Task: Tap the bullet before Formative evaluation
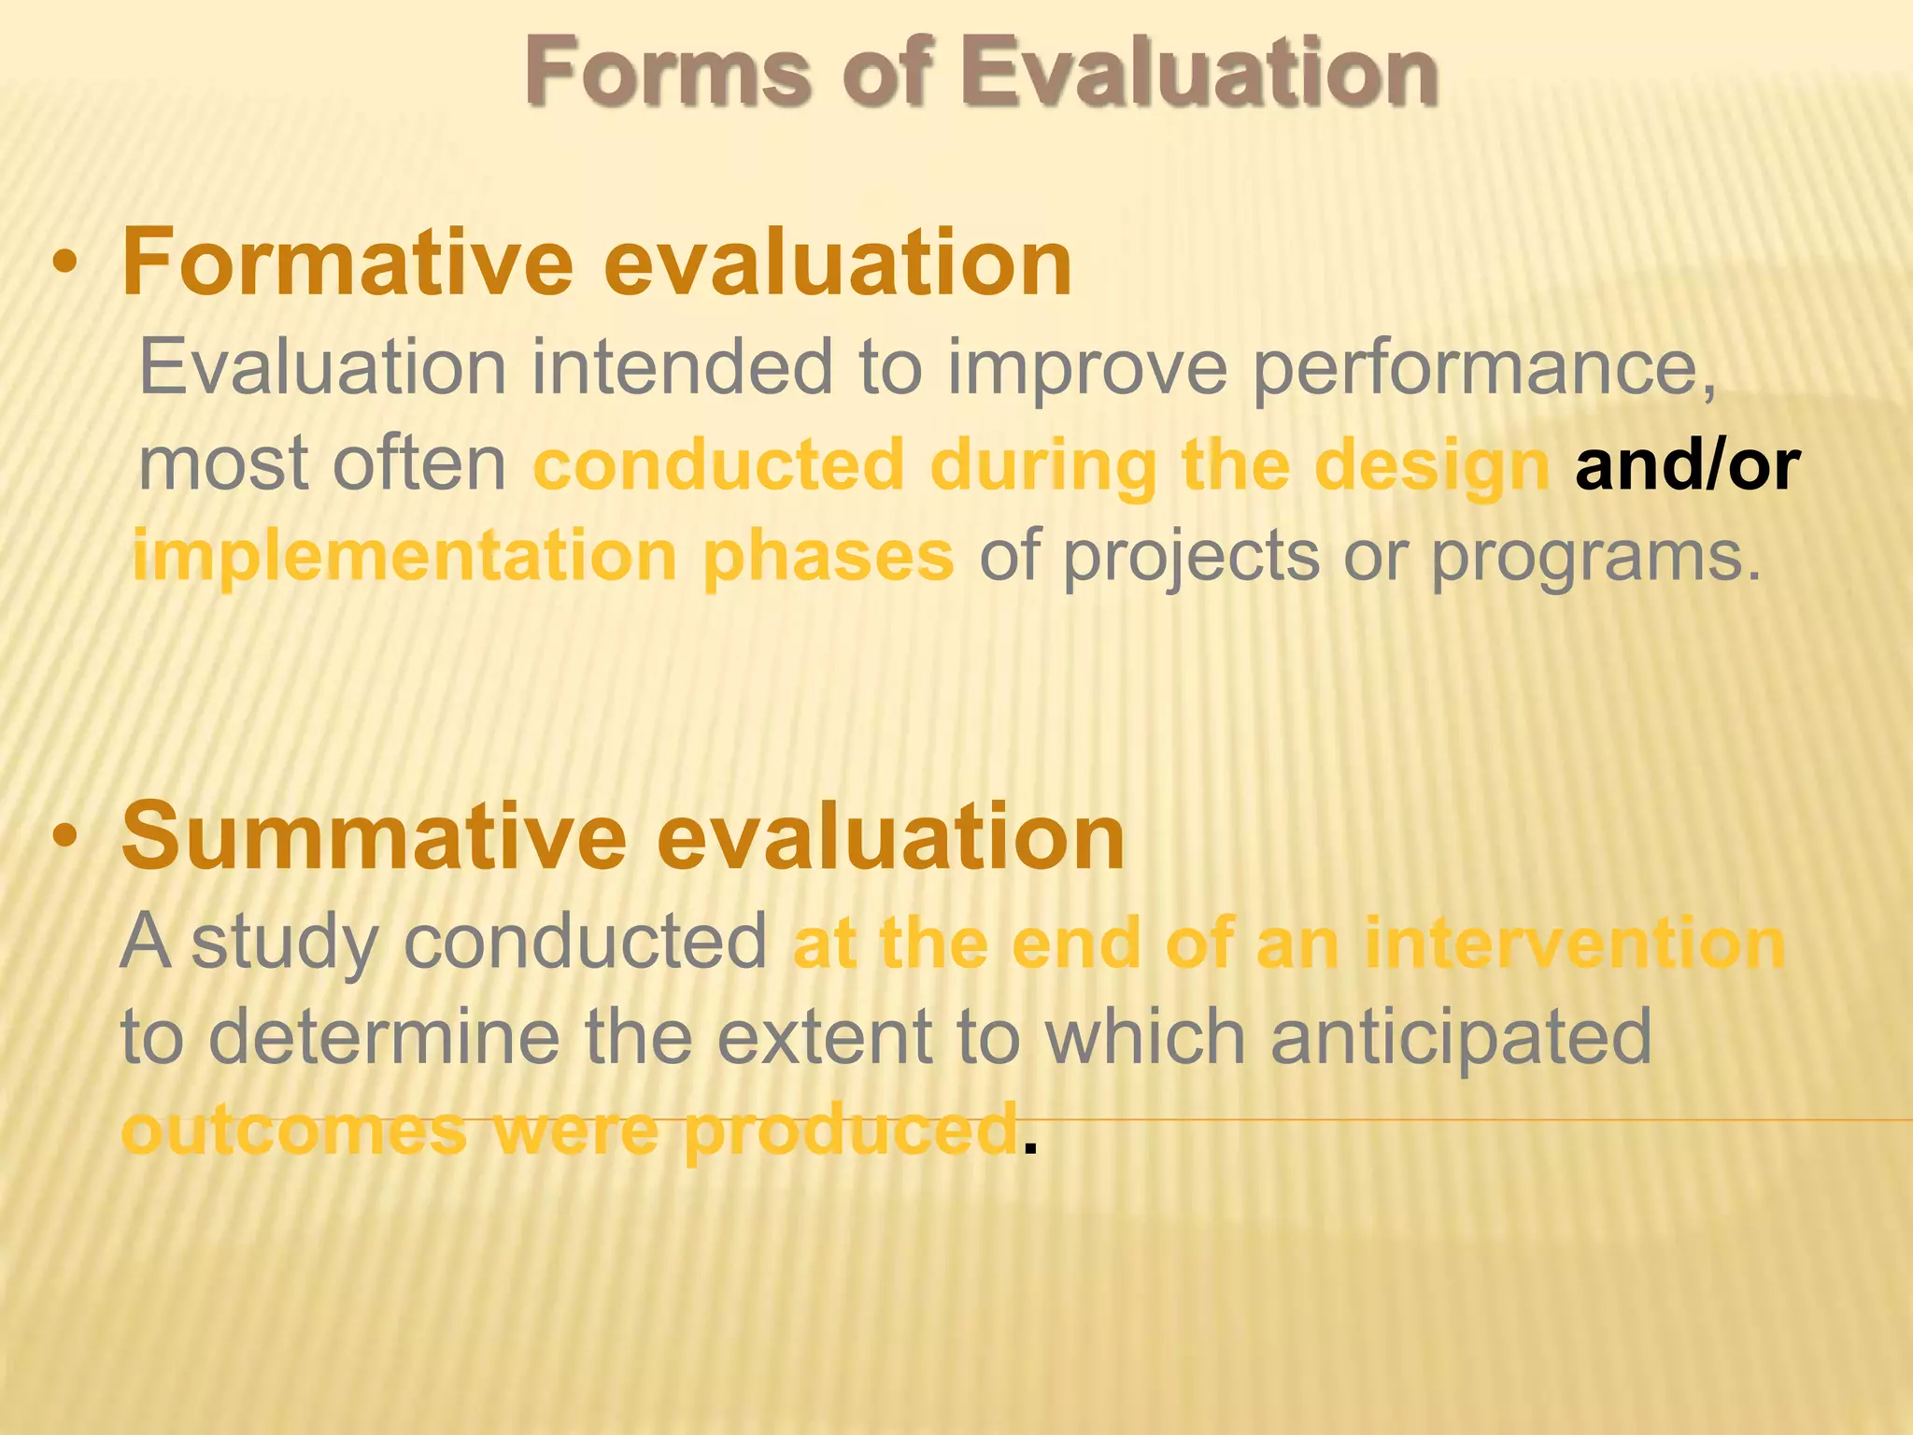coord(64,263)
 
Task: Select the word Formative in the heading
coord(347,263)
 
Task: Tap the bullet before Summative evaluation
coord(64,837)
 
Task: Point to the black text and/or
coord(1687,465)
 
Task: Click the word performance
coord(1483,368)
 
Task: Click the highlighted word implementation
coord(404,557)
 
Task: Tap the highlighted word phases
coord(828,557)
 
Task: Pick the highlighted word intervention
coord(1574,944)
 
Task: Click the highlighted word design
coord(1432,465)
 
